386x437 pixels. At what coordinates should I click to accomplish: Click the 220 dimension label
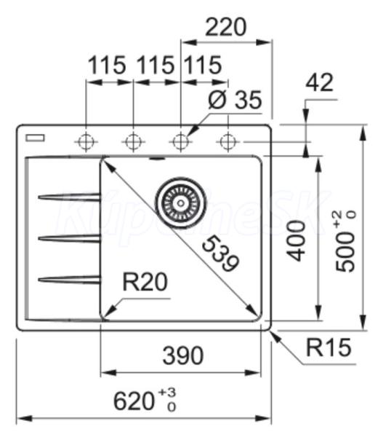(x=226, y=27)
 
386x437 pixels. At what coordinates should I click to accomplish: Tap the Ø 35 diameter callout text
(x=235, y=100)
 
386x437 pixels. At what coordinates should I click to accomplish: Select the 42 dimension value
(x=319, y=82)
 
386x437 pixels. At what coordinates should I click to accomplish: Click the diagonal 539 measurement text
(x=220, y=253)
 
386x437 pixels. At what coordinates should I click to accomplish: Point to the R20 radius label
(x=145, y=282)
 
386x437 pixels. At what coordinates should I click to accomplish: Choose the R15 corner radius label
(x=329, y=347)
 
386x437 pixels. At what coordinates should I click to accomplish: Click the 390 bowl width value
(x=183, y=355)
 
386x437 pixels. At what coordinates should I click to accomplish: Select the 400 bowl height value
(x=297, y=241)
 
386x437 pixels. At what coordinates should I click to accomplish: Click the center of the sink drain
(x=181, y=202)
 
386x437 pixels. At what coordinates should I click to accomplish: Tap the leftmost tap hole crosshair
(x=87, y=142)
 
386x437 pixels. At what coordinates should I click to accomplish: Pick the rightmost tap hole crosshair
(x=228, y=142)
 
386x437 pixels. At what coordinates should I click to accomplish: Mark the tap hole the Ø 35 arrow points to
(x=181, y=142)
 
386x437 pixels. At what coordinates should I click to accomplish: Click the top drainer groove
(x=69, y=197)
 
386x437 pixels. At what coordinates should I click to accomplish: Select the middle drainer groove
(x=69, y=238)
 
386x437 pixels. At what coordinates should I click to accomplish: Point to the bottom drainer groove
(x=69, y=280)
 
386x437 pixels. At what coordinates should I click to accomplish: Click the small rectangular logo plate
(x=35, y=138)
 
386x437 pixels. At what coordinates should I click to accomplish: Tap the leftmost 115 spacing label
(x=107, y=65)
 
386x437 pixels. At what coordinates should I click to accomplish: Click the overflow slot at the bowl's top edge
(x=158, y=159)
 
